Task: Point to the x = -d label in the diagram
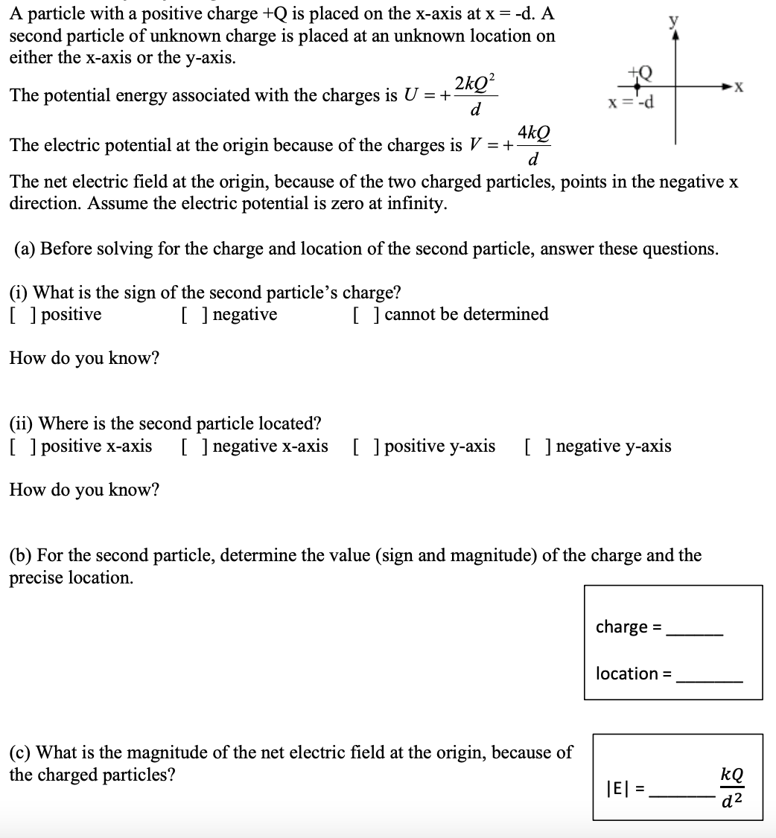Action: (x=631, y=102)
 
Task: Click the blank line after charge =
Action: (x=694, y=633)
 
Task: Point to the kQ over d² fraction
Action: (x=732, y=787)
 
